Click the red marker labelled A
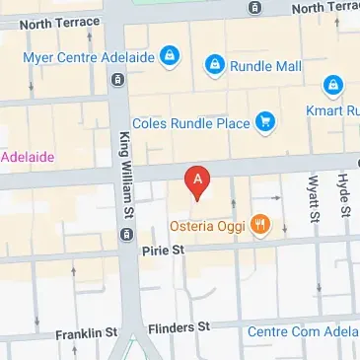pyautogui.click(x=199, y=180)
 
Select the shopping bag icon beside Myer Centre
pyautogui.click(x=171, y=54)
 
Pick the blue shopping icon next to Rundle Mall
pyautogui.click(x=214, y=66)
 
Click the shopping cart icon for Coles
pyautogui.click(x=264, y=123)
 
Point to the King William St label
pyautogui.click(x=127, y=178)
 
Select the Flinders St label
pyautogui.click(x=179, y=326)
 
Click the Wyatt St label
pyautogui.click(x=314, y=197)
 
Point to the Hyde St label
pyautogui.click(x=343, y=193)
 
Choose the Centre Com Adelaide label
pyautogui.click(x=301, y=331)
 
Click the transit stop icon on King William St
pyautogui.click(x=126, y=234)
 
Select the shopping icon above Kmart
pyautogui.click(x=333, y=85)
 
